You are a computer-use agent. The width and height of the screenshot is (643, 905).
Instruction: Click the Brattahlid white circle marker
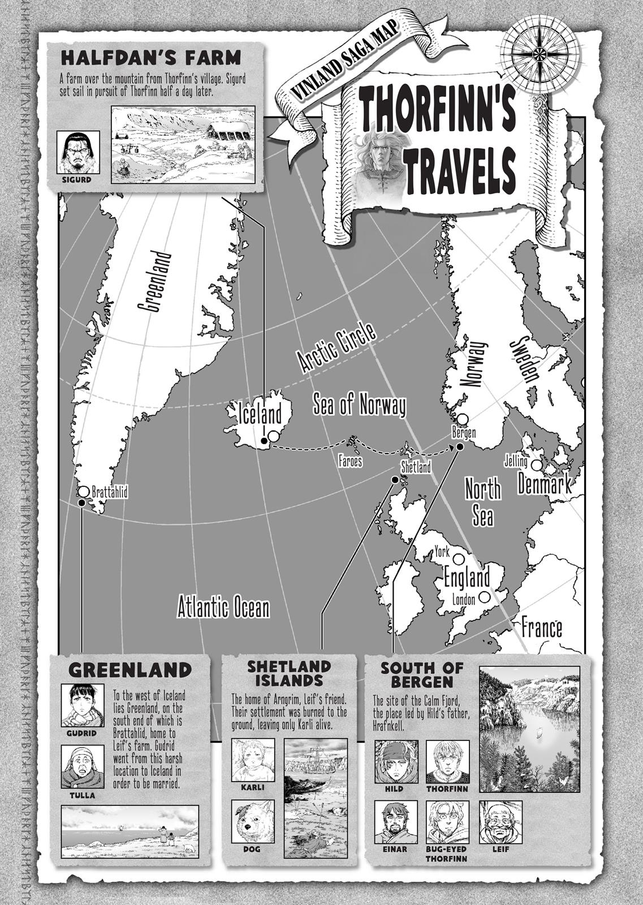pos(84,491)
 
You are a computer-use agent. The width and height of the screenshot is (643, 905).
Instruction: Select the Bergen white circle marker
pos(463,419)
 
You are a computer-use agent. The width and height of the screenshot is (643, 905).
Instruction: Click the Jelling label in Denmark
pos(515,462)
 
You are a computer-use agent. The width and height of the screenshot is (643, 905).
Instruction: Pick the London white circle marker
pos(484,597)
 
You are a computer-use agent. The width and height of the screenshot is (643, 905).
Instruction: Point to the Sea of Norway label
pos(359,406)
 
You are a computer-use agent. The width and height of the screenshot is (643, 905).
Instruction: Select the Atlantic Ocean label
pos(223,608)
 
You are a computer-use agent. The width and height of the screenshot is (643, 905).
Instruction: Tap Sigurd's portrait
pos(78,153)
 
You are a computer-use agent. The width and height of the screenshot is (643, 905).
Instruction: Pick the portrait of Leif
pos(500,821)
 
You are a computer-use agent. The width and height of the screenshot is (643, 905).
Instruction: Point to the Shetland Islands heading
pos(288,673)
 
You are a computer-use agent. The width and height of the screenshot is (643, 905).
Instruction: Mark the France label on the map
pos(541,628)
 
